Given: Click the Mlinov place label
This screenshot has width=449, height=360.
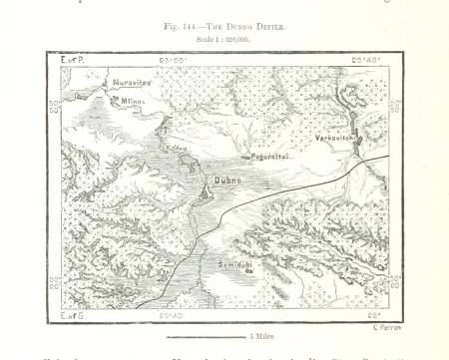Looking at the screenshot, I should pos(132,101).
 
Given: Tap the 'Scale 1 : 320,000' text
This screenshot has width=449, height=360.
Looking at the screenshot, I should pos(224,40).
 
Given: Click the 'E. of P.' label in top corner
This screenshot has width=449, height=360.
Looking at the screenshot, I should pos(73,61).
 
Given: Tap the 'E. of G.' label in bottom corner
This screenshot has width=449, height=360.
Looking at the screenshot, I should pos(73,315).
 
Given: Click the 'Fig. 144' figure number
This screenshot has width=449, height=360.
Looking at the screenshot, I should pos(182,28).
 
